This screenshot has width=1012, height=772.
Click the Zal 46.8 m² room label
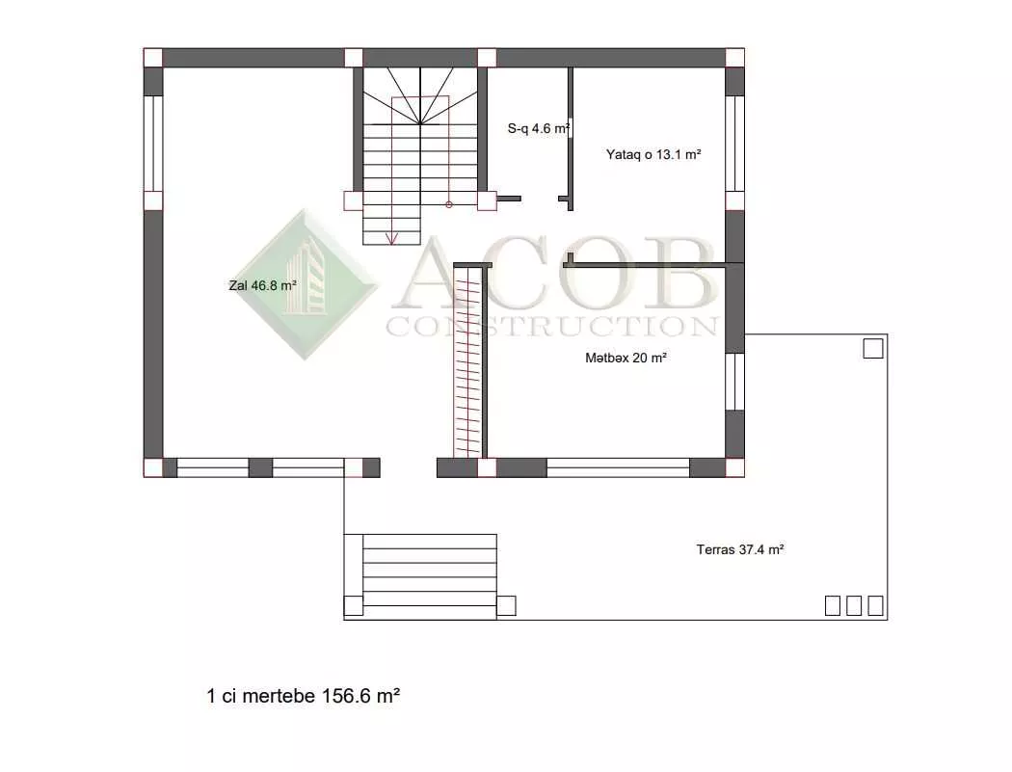(x=263, y=285)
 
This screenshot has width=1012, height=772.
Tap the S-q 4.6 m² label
(x=538, y=128)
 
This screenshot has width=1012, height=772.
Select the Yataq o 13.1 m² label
(x=653, y=154)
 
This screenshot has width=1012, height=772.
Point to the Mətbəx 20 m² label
(x=626, y=358)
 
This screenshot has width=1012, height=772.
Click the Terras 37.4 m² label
(x=740, y=549)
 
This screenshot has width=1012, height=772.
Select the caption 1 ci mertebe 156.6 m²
(x=304, y=696)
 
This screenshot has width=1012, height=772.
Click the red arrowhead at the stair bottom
(x=391, y=239)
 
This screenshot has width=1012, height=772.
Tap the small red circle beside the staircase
(x=449, y=204)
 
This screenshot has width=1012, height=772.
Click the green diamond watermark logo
(x=305, y=284)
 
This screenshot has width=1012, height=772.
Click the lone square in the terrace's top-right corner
(x=873, y=348)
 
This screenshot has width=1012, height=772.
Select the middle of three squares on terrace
(x=854, y=605)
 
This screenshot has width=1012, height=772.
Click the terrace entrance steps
(x=430, y=570)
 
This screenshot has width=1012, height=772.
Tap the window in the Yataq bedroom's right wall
(x=735, y=144)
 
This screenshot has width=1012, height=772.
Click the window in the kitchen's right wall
(x=735, y=382)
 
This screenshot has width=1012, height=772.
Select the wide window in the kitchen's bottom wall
(x=619, y=467)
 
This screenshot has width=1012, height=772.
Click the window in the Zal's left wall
(x=153, y=144)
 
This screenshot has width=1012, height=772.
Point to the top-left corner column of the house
(x=153, y=58)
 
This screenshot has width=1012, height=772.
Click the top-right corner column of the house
(x=735, y=58)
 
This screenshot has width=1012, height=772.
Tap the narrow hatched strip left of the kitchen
(x=468, y=361)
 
